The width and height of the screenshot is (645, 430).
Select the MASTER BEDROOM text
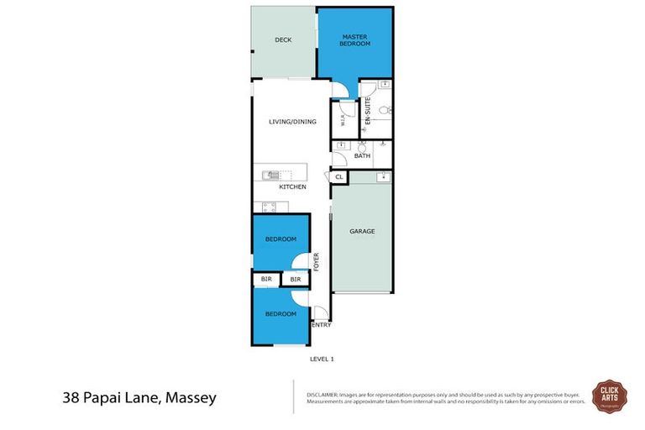pos(354,39)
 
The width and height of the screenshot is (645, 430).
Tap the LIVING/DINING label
pos(291,122)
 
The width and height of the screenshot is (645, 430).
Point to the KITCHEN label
pos(292,186)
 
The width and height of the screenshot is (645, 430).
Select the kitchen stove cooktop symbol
pos(270,207)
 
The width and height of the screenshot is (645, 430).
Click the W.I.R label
pos(342,119)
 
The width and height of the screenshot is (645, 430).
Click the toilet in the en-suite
pos(382,110)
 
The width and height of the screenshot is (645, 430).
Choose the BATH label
pos(362,156)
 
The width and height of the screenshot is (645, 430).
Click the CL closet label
pos(338,177)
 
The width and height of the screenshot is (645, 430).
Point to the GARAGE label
pos(362,232)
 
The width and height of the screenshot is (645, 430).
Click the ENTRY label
pos(321,324)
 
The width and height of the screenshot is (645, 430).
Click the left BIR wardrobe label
pos(266,278)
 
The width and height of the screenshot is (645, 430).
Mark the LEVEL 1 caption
pos(322,359)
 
